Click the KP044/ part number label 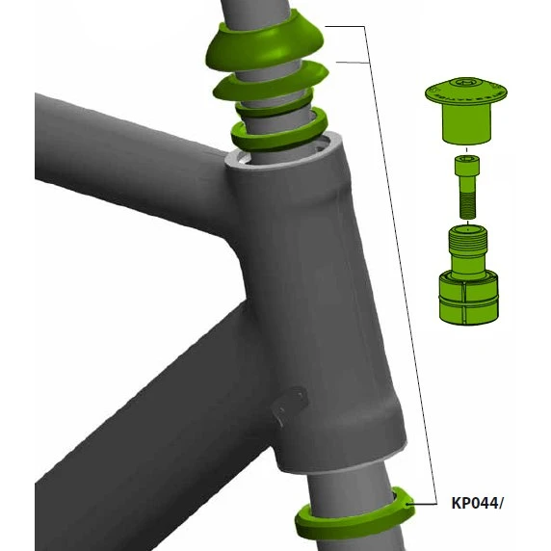(477, 503)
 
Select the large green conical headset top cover (265, 45)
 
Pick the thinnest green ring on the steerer (275, 105)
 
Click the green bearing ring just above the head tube (279, 131)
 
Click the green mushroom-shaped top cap (466, 109)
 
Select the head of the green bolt (467, 166)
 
